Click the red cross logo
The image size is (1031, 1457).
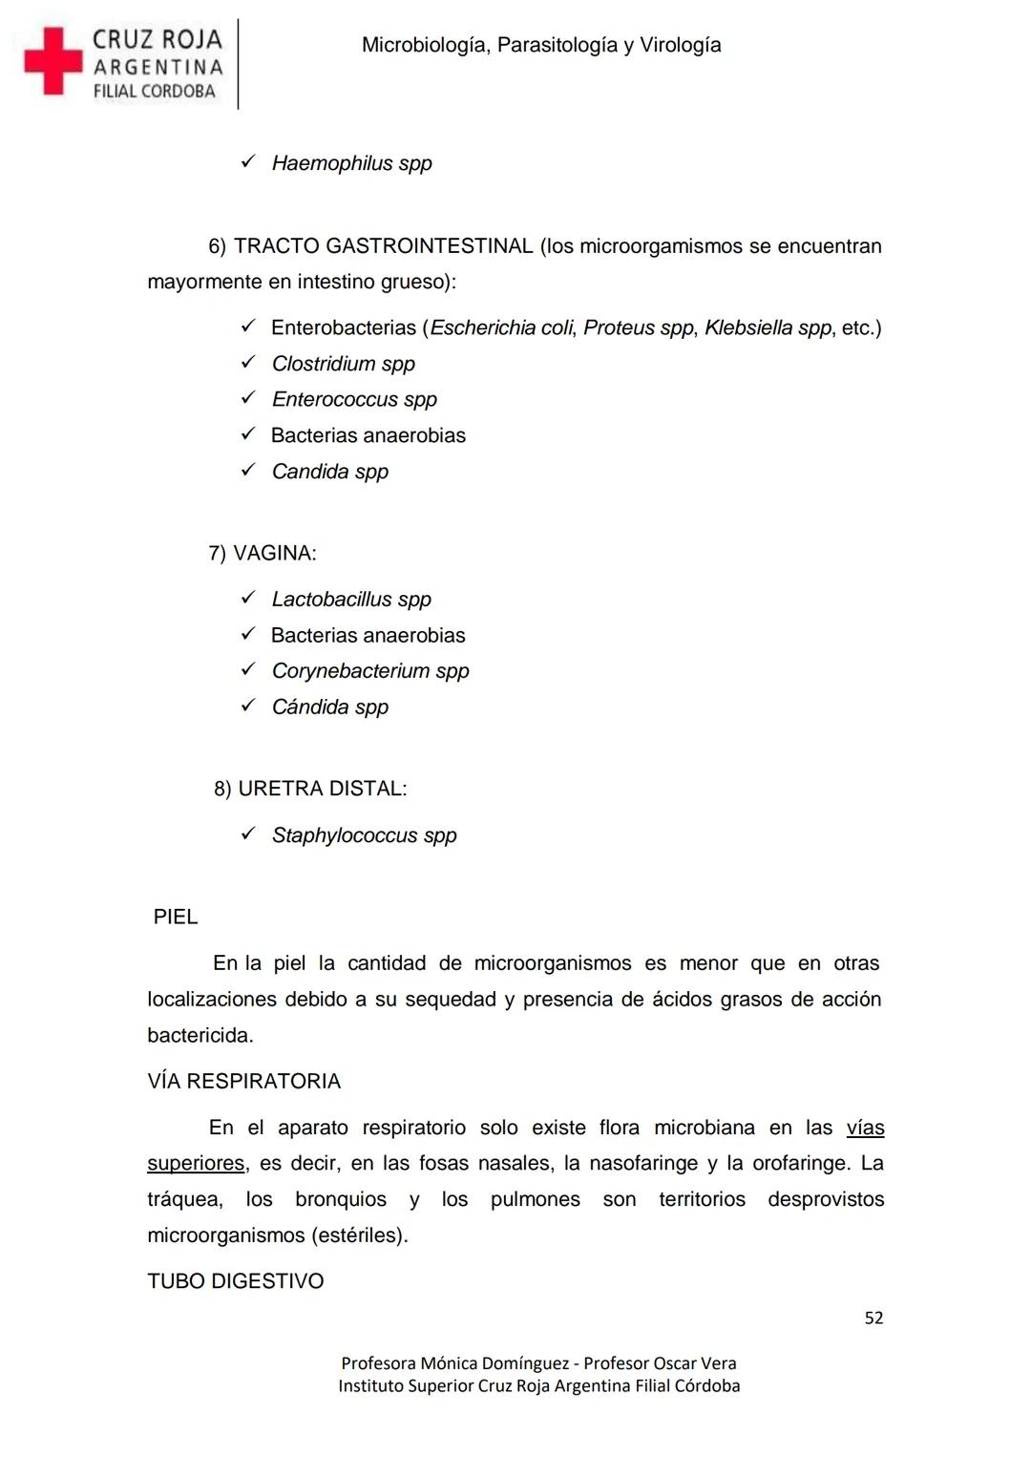tap(53, 61)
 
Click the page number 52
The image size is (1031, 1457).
tap(873, 1319)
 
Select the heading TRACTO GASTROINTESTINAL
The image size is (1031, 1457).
tap(383, 246)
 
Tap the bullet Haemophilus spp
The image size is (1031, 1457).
tap(351, 163)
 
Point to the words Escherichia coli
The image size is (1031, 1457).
tap(501, 328)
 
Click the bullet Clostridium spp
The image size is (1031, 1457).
tap(343, 364)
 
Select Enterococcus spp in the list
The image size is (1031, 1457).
tap(354, 400)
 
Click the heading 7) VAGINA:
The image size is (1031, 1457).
tap(263, 554)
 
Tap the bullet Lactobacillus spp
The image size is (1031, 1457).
tap(351, 600)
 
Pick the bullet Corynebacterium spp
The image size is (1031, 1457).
tap(370, 671)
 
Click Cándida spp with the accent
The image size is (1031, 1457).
tap(329, 707)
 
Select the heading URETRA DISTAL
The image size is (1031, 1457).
tap(322, 790)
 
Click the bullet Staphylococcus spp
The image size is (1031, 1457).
tap(364, 835)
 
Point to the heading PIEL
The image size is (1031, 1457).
tap(176, 918)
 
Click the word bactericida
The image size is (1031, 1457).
tap(200, 1036)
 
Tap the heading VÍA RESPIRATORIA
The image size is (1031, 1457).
tap(243, 1082)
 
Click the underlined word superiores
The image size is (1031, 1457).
tap(196, 1164)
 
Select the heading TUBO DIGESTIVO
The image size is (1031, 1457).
tap(236, 1282)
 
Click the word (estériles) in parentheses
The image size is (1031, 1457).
tap(359, 1236)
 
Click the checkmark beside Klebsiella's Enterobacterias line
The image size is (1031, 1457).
tap(248, 327)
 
